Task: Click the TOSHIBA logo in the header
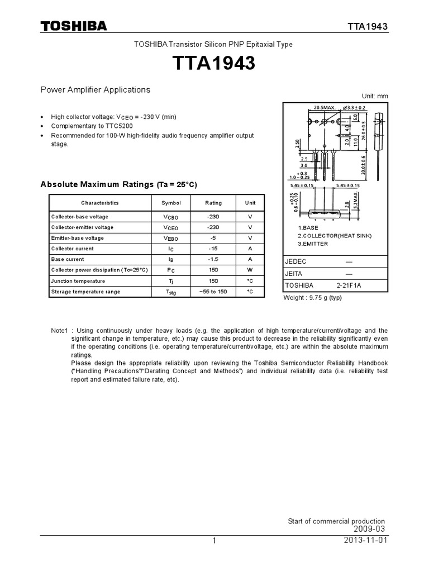(73, 26)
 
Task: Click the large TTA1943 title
(214, 64)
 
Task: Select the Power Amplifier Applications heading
(96, 89)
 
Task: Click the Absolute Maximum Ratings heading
(118, 184)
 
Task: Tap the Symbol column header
(171, 203)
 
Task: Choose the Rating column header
(213, 203)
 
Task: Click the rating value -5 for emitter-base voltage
(213, 238)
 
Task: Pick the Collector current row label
(73, 249)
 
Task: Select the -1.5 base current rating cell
(213, 259)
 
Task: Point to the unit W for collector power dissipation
(250, 270)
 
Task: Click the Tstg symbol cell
(171, 292)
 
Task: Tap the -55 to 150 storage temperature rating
(213, 292)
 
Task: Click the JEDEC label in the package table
(296, 261)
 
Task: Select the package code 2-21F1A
(350, 285)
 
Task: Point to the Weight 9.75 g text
(313, 297)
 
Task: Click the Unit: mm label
(374, 96)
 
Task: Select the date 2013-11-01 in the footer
(366, 541)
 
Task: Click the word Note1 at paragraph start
(59, 331)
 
